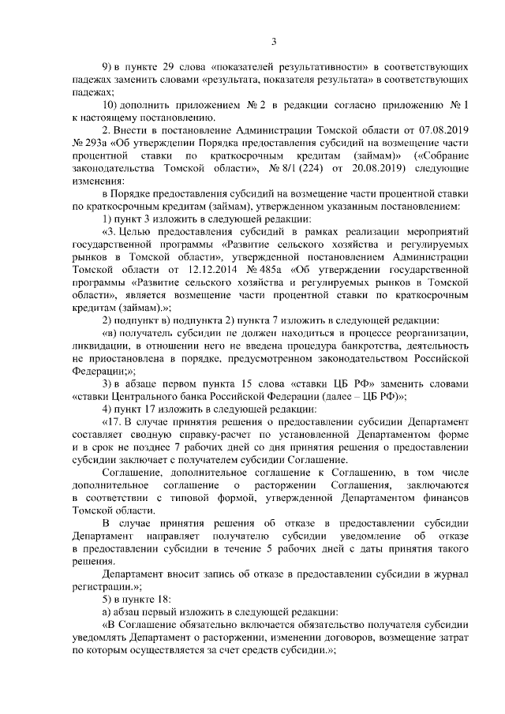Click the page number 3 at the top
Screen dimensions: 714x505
pyautogui.click(x=273, y=42)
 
